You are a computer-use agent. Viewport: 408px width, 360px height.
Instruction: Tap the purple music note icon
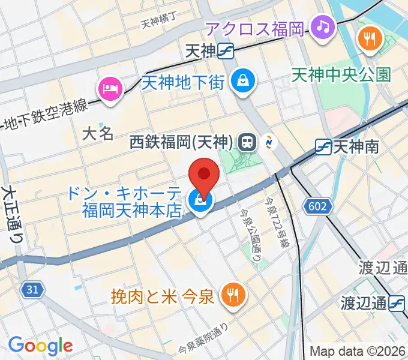[x=323, y=26]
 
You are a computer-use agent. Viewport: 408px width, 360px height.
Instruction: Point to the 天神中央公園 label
[x=341, y=74]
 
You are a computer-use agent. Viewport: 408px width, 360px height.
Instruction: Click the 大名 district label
[x=97, y=133]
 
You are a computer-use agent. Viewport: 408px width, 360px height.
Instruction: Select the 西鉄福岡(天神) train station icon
[x=246, y=142]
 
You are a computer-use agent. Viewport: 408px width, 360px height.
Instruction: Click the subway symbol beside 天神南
[x=323, y=146]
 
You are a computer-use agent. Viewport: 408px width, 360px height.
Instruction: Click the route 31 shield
[x=34, y=290]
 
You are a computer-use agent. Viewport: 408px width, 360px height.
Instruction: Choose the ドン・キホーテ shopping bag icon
[x=199, y=202]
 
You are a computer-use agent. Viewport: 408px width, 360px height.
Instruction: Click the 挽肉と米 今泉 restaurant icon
[x=230, y=294]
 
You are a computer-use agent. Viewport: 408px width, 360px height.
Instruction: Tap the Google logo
[x=40, y=346]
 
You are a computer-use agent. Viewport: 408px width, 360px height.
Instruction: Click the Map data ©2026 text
[x=358, y=352]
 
